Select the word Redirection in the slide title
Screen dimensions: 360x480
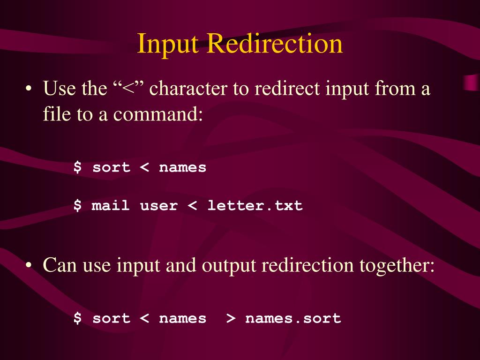pyautogui.click(x=275, y=44)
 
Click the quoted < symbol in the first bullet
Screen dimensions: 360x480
pyautogui.click(x=128, y=88)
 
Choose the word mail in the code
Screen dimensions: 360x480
pyautogui.click(x=111, y=205)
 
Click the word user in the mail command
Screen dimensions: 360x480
pyautogui.click(x=158, y=205)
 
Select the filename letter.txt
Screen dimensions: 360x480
pyautogui.click(x=255, y=205)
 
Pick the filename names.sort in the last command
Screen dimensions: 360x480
pyautogui.click(x=293, y=318)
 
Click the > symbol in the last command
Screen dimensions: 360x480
pyautogui.click(x=230, y=318)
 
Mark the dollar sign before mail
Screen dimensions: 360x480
pyautogui.click(x=77, y=205)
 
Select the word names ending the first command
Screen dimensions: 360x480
pyautogui.click(x=182, y=167)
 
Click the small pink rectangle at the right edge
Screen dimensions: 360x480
pyautogui.click(x=471, y=82)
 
